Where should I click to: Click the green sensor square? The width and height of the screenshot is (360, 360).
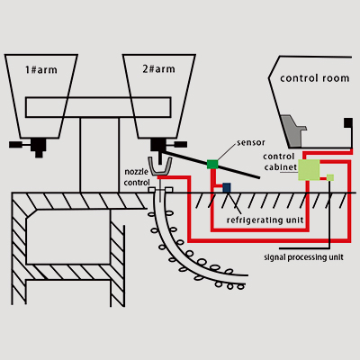[212, 164]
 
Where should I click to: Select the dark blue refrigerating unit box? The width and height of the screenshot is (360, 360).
[227, 187]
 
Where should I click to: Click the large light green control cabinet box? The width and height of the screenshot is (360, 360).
[309, 170]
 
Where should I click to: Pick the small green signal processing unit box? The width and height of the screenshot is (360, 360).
[330, 177]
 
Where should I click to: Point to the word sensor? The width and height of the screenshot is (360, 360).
[249, 143]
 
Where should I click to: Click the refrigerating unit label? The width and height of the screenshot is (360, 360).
[265, 219]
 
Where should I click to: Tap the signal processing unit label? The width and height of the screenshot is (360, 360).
[304, 256]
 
